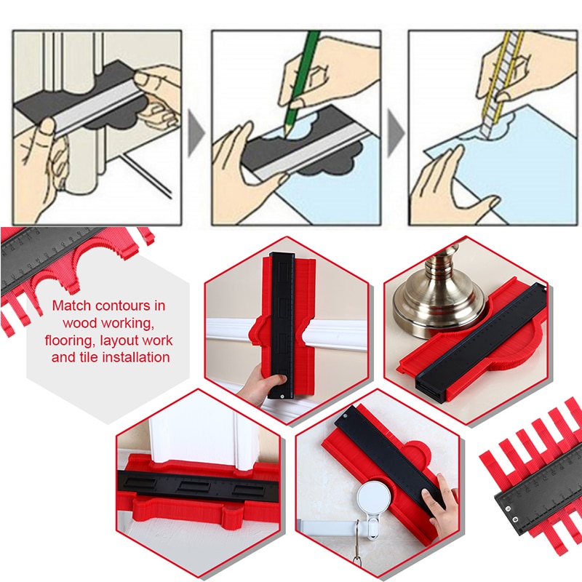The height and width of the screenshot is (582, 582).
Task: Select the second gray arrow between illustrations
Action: click(x=395, y=135)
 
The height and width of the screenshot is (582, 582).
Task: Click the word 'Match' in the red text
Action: click(x=72, y=306)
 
